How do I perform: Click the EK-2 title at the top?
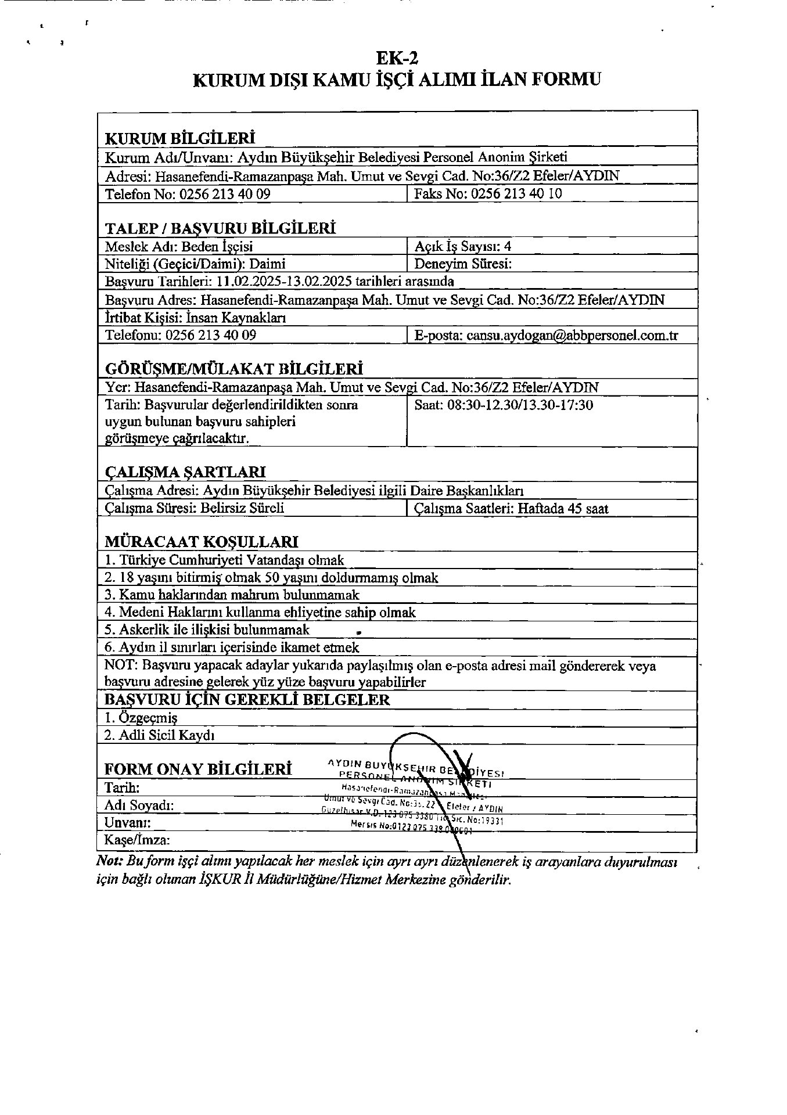(397, 58)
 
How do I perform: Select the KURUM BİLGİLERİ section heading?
(179, 138)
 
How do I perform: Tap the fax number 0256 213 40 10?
(516, 194)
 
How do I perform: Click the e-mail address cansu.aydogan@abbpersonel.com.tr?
(572, 336)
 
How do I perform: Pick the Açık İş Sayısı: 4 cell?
(463, 246)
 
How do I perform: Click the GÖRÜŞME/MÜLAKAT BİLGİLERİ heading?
(233, 369)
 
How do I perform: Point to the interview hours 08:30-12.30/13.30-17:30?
(520, 405)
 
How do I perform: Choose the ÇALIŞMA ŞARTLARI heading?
(185, 472)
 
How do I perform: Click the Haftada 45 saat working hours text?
(563, 509)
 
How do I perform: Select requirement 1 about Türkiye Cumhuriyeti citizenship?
(224, 560)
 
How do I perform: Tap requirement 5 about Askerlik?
(207, 630)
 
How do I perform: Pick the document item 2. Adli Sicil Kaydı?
(159, 735)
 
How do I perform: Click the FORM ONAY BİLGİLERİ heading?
(197, 769)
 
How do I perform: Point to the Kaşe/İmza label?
(137, 840)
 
